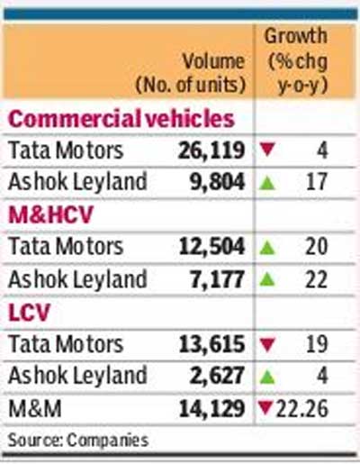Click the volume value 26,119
pos(211,150)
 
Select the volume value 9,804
pos(217,183)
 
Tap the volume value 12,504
pos(211,248)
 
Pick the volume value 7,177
pos(217,279)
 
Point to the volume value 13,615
pos(211,344)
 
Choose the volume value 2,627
pos(217,377)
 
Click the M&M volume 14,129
pos(211,409)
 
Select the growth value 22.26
pos(301,409)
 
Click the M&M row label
pos(35,409)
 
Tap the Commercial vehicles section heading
pos(121,118)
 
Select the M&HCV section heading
pos(50,214)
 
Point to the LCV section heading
pos(29,312)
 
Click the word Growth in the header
pos(295,36)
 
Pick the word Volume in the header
pos(213,62)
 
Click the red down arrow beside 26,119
pos(267,150)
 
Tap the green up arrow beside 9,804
pos(267,183)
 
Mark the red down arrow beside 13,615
pos(267,344)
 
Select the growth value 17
pos(317,182)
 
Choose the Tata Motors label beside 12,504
pos(66,247)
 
